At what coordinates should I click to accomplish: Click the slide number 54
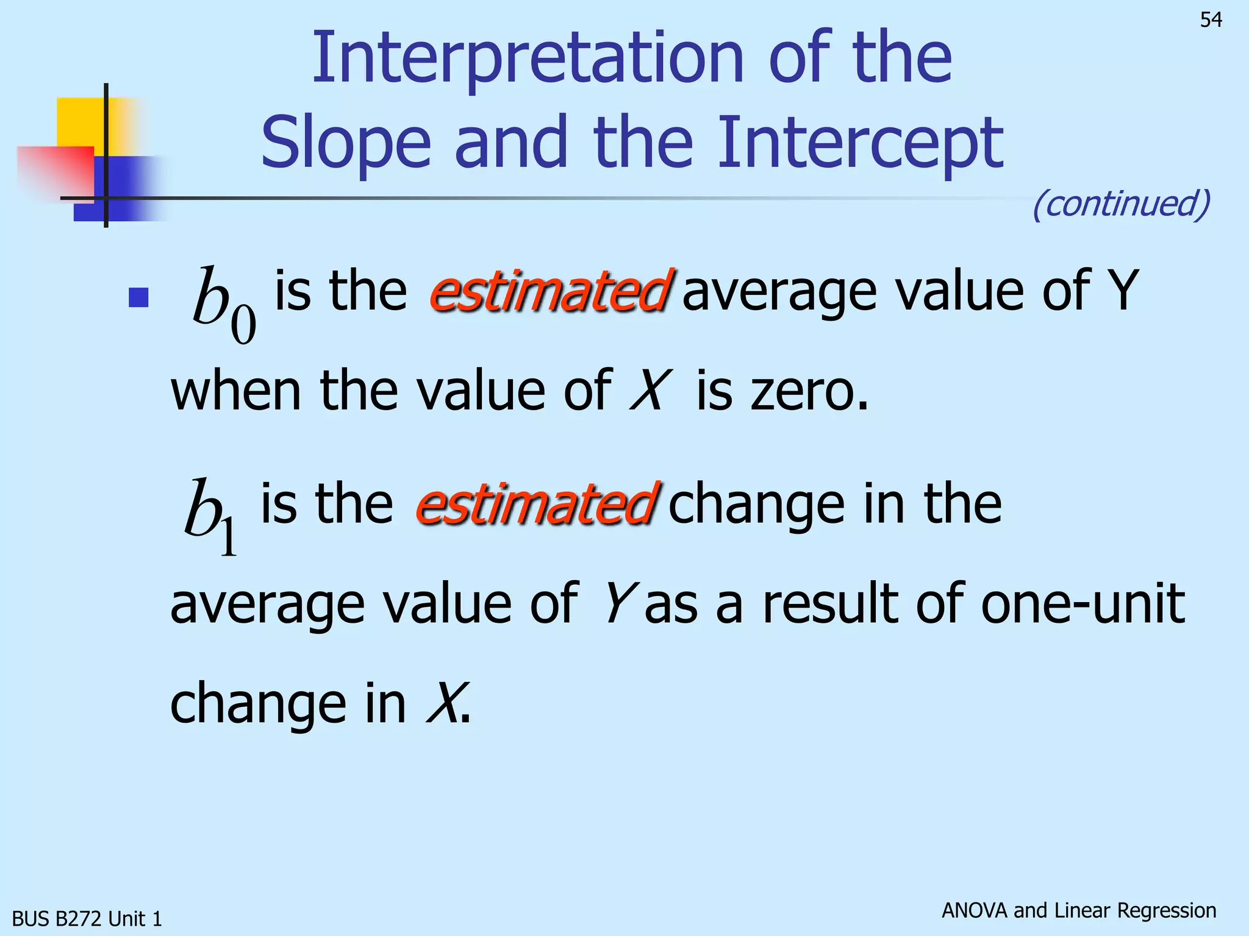[x=1211, y=20]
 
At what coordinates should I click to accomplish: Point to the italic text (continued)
[x=1121, y=204]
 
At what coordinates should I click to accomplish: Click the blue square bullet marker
[x=139, y=297]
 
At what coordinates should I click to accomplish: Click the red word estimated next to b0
[x=550, y=291]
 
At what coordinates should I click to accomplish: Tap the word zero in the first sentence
[x=808, y=391]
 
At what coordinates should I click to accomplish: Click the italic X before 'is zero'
[x=650, y=391]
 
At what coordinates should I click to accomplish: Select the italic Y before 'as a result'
[x=620, y=604]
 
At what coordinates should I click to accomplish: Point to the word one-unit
[x=1082, y=604]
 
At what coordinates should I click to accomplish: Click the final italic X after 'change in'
[x=444, y=704]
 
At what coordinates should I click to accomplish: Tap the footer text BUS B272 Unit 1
[x=87, y=918]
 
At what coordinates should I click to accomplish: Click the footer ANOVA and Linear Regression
[x=1078, y=910]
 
